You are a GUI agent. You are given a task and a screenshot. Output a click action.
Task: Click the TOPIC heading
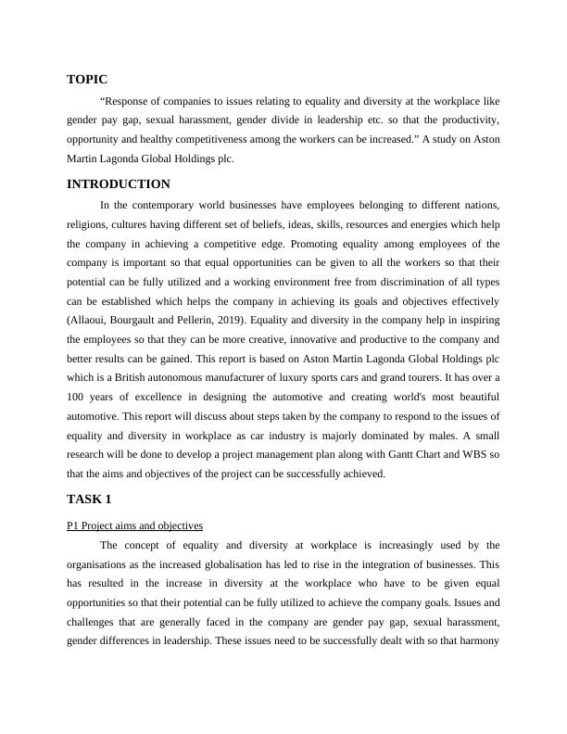point(87,80)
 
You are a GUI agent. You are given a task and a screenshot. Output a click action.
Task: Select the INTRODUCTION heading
point(118,184)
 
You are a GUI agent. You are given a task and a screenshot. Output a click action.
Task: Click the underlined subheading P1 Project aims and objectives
point(135,525)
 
